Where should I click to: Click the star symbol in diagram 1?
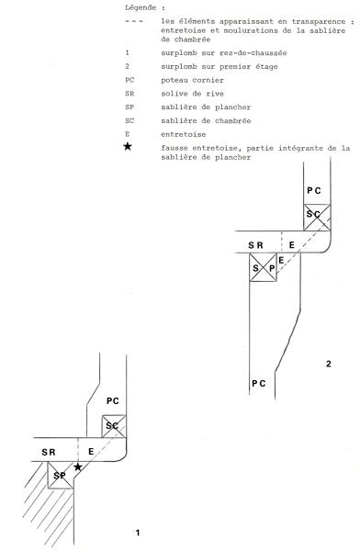pos(78,467)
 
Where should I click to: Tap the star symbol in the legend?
pos(128,146)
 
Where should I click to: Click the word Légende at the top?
pos(141,7)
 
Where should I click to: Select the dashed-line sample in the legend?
pos(134,21)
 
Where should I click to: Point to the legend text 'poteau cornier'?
pos(192,80)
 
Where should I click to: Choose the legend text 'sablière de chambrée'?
pos(206,120)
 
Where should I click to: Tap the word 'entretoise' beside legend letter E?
pos(184,134)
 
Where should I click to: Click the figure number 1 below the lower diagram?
pos(138,533)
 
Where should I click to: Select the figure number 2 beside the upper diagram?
pos(329,364)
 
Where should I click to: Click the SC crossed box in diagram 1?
pos(114,426)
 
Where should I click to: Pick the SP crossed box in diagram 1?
pos(60,475)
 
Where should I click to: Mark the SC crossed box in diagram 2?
pos(317,218)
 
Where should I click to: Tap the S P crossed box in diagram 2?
pos(263,267)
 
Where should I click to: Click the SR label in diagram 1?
pos(49,452)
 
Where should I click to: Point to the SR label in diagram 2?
pos(255,245)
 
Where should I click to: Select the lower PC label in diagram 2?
pos(259,383)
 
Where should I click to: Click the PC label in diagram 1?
pos(113,401)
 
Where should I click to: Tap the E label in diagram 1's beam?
pos(91,452)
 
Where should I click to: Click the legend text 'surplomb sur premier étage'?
pos(219,66)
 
